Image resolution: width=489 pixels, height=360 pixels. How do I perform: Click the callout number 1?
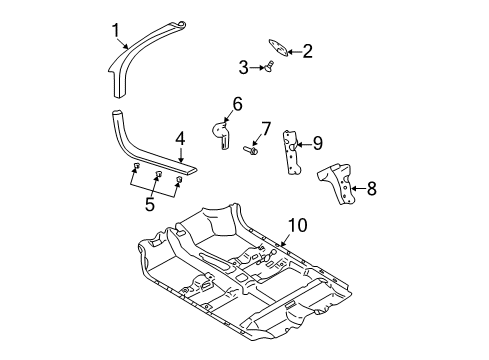pyautogui.click(x=115, y=31)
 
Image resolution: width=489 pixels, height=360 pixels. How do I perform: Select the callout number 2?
pyautogui.click(x=308, y=50)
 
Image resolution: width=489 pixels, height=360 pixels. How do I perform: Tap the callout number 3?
pyautogui.click(x=243, y=67)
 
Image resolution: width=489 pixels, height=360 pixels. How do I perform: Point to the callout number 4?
pyautogui.click(x=180, y=140)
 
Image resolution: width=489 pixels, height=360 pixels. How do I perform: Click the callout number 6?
pyautogui.click(x=237, y=104)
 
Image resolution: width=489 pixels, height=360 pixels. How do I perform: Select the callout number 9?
pyautogui.click(x=317, y=143)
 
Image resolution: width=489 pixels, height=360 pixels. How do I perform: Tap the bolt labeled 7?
pyautogui.click(x=250, y=150)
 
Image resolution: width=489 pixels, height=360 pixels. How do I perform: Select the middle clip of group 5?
pyautogui.click(x=158, y=176)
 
